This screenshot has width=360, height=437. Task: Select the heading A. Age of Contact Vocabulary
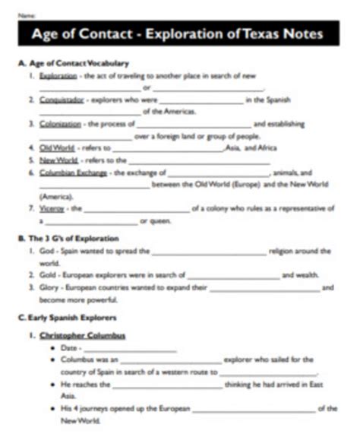click(x=73, y=63)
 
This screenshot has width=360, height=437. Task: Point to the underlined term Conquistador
click(x=62, y=100)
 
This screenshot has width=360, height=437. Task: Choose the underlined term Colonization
click(x=61, y=123)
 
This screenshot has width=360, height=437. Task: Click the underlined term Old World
click(x=56, y=147)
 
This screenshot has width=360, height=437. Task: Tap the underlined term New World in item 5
click(x=58, y=160)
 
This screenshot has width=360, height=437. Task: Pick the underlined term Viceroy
click(x=52, y=207)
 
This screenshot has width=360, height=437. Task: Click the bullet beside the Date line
click(x=52, y=347)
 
